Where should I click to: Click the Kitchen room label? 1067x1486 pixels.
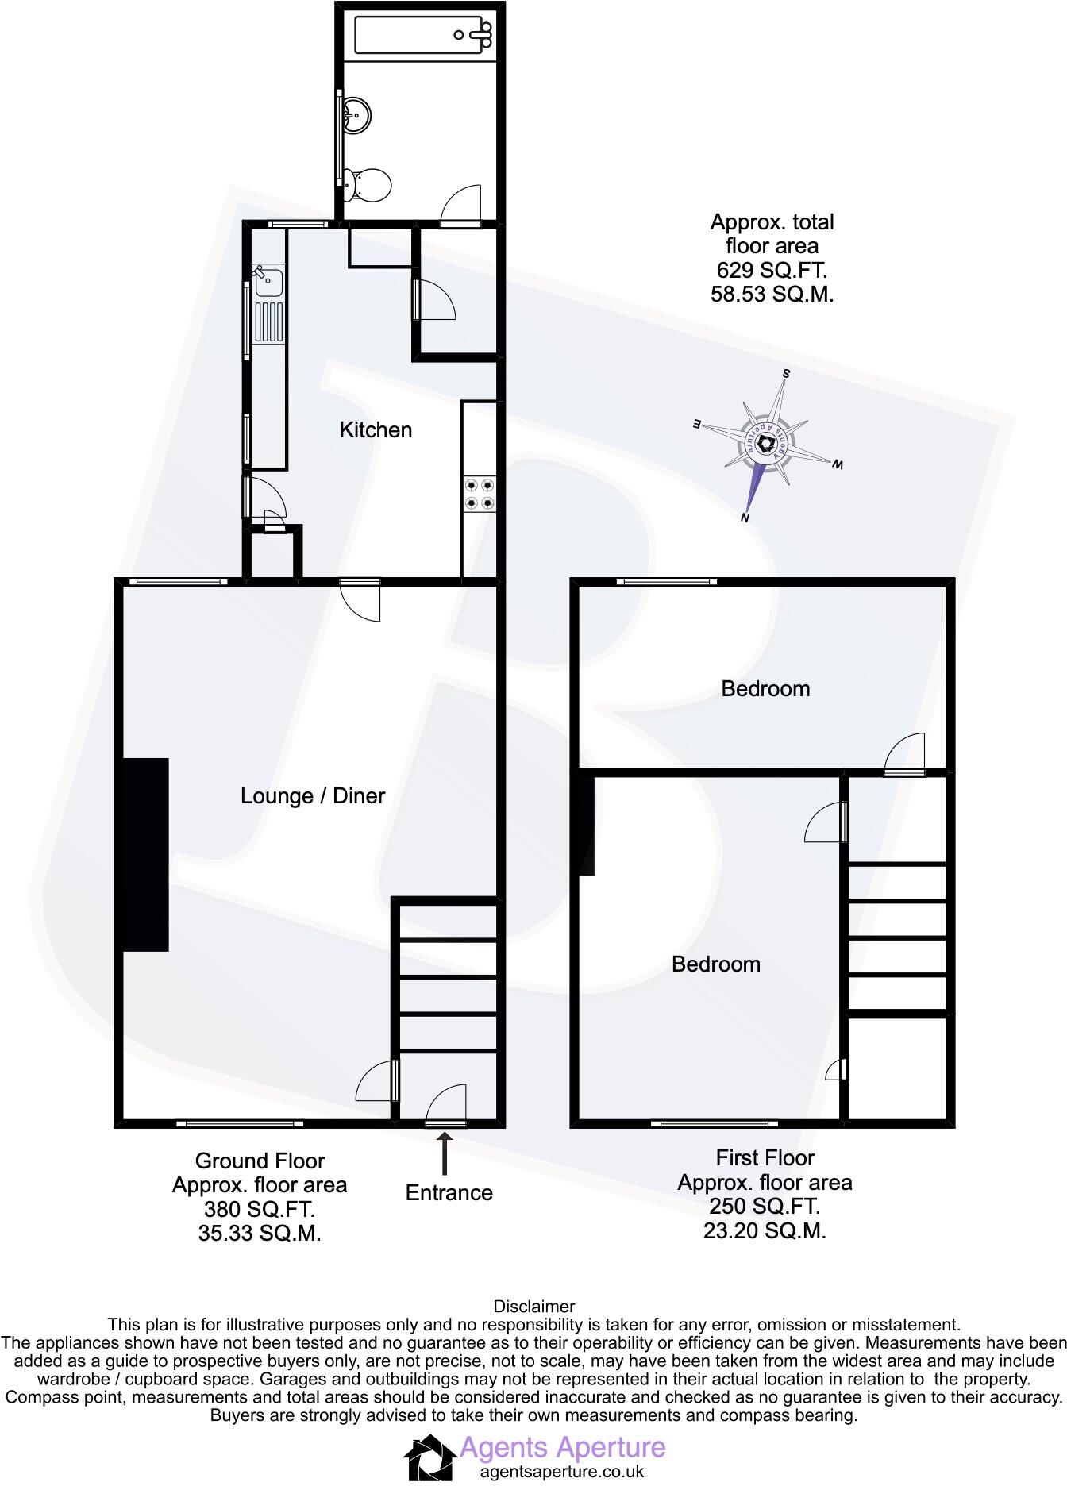pos(376,430)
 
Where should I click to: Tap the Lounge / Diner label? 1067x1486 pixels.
pos(313,795)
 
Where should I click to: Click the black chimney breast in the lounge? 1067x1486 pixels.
pos(145,854)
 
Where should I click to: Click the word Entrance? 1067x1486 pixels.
pos(449,1192)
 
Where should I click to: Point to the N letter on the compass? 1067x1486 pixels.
pos(745,518)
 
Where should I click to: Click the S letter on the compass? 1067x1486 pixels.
pos(787,373)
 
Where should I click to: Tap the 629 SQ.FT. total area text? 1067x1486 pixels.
pos(772,270)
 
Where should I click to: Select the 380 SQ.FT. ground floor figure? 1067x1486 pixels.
pos(260,1209)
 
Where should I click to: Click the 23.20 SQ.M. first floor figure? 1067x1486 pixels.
pos(765,1230)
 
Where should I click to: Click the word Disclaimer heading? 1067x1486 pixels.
pos(533,1306)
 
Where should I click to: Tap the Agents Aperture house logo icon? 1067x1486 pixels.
pos(430,1457)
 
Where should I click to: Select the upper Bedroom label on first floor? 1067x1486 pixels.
pos(765,688)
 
